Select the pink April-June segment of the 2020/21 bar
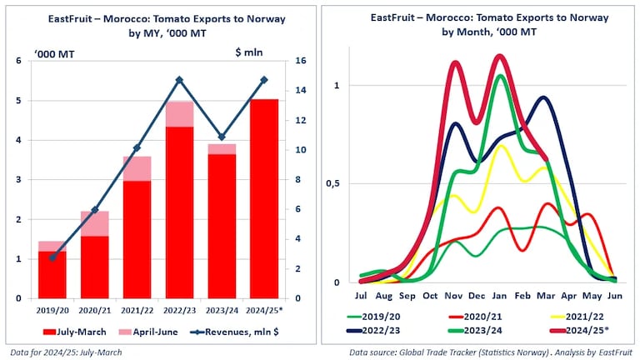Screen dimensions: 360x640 tap(94, 223)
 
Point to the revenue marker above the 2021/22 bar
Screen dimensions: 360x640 tap(137, 148)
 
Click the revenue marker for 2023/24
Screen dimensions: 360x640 tap(222, 137)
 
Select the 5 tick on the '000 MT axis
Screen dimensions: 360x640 tap(20, 101)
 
